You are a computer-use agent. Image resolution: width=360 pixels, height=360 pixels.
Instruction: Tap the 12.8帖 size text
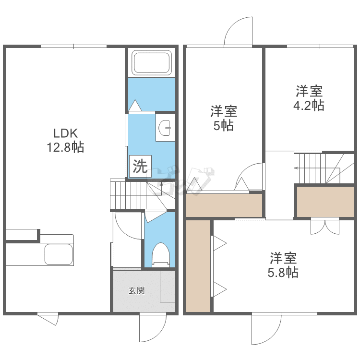pyautogui.click(x=65, y=147)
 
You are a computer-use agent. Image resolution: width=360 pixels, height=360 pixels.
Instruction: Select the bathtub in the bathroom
pyautogui.click(x=151, y=63)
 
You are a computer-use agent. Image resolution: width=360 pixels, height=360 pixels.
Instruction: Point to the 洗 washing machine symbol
pyautogui.click(x=140, y=166)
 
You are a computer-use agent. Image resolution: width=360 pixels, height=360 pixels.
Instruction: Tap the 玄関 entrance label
pyautogui.click(x=137, y=290)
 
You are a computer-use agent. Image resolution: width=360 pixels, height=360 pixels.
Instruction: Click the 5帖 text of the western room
pyautogui.click(x=224, y=126)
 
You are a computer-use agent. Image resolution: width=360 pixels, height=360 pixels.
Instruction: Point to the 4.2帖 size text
pyautogui.click(x=309, y=105)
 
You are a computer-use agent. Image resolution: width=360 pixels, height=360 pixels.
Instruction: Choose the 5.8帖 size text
pyautogui.click(x=283, y=272)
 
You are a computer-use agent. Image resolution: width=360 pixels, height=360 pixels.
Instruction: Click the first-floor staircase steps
pyautogui.click(x=128, y=195)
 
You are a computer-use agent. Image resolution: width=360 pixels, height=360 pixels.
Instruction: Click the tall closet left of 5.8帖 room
pyautogui.click(x=198, y=265)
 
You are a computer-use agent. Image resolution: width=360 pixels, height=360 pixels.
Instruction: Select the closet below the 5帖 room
pyautogui.click(x=224, y=205)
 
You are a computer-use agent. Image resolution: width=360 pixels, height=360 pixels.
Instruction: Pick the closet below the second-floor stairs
pyautogui.click(x=325, y=201)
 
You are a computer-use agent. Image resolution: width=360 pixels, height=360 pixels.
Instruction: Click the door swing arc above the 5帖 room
pyautogui.click(x=239, y=32)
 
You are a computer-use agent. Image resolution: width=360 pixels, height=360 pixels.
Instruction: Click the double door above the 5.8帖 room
pyautogui.click(x=325, y=226)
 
